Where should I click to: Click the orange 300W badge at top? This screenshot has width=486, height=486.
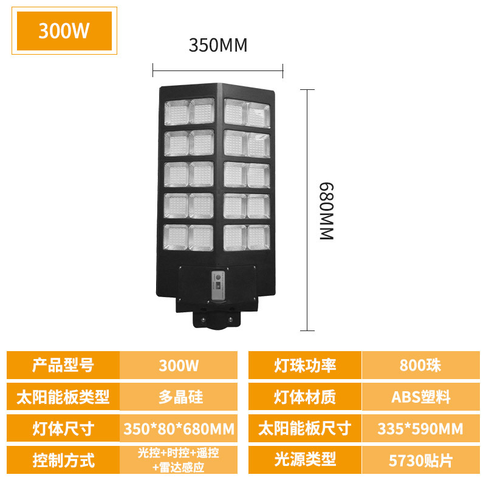coord(64,31)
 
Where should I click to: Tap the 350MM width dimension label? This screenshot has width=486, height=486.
coord(218,46)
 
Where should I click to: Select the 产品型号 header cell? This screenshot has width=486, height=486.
coord(63,366)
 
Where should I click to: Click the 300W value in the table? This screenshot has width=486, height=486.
coord(179,366)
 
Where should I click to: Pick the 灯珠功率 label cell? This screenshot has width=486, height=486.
coord(304,366)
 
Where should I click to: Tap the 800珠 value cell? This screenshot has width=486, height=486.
coord(420,366)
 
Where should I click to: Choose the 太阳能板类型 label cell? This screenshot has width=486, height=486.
coord(63,397)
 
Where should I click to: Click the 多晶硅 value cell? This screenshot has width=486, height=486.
coord(179,397)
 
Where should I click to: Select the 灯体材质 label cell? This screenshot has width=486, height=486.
coord(304,397)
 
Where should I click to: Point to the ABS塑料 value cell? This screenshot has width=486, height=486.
coord(420,397)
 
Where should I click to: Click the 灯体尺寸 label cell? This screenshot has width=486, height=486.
coord(63,429)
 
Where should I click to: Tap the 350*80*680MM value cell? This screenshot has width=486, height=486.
coord(179,429)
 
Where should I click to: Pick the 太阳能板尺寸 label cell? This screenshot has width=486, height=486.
coord(304,429)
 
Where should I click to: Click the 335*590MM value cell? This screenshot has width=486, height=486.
coord(420,429)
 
